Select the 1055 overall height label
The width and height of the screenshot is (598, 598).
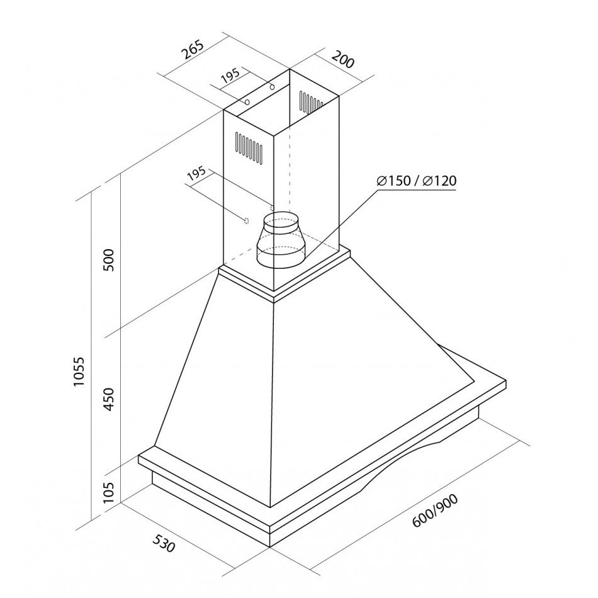pyautogui.click(x=79, y=371)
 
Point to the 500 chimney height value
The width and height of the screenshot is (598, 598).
pyautogui.click(x=110, y=260)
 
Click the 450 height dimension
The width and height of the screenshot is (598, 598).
pyautogui.click(x=110, y=399)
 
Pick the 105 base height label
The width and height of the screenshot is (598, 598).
pyautogui.click(x=110, y=493)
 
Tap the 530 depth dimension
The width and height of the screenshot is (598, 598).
pyautogui.click(x=164, y=543)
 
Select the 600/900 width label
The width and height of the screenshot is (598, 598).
pyautogui.click(x=435, y=511)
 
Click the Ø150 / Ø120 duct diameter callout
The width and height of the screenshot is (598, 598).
pyautogui.click(x=417, y=181)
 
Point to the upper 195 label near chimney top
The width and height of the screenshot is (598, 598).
pyautogui.click(x=230, y=76)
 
